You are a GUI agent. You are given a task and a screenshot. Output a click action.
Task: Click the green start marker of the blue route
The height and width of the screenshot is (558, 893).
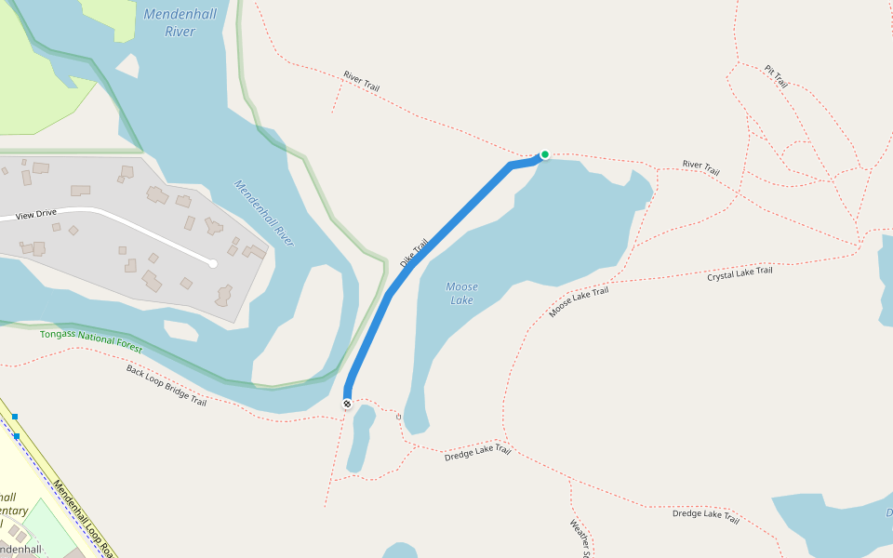(545, 154)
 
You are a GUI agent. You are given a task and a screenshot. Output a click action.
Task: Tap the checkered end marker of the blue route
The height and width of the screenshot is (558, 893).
(347, 404)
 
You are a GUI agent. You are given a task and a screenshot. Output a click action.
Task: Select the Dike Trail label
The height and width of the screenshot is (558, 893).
(414, 253)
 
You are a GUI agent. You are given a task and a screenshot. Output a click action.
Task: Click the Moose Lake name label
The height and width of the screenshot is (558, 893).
(461, 293)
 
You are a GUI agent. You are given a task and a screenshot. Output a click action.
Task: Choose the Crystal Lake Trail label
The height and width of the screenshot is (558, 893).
(740, 274)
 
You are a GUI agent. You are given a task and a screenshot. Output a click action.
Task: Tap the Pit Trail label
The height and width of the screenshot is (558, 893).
(776, 77)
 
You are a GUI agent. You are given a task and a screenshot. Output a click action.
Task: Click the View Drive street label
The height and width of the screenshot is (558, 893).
(36, 214)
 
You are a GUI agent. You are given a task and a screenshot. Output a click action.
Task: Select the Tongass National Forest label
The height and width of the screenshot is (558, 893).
(90, 339)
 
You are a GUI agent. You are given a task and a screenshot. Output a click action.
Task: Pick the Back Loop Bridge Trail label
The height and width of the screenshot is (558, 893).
(167, 385)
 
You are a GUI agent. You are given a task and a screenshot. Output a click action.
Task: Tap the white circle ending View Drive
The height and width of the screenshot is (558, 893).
(213, 264)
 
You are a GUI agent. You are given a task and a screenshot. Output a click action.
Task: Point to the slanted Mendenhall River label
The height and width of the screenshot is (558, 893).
(264, 213)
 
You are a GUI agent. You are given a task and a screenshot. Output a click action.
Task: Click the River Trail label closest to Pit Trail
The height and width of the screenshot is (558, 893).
(700, 168)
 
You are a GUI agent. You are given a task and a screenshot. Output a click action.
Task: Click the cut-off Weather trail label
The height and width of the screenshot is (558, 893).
(580, 538)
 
